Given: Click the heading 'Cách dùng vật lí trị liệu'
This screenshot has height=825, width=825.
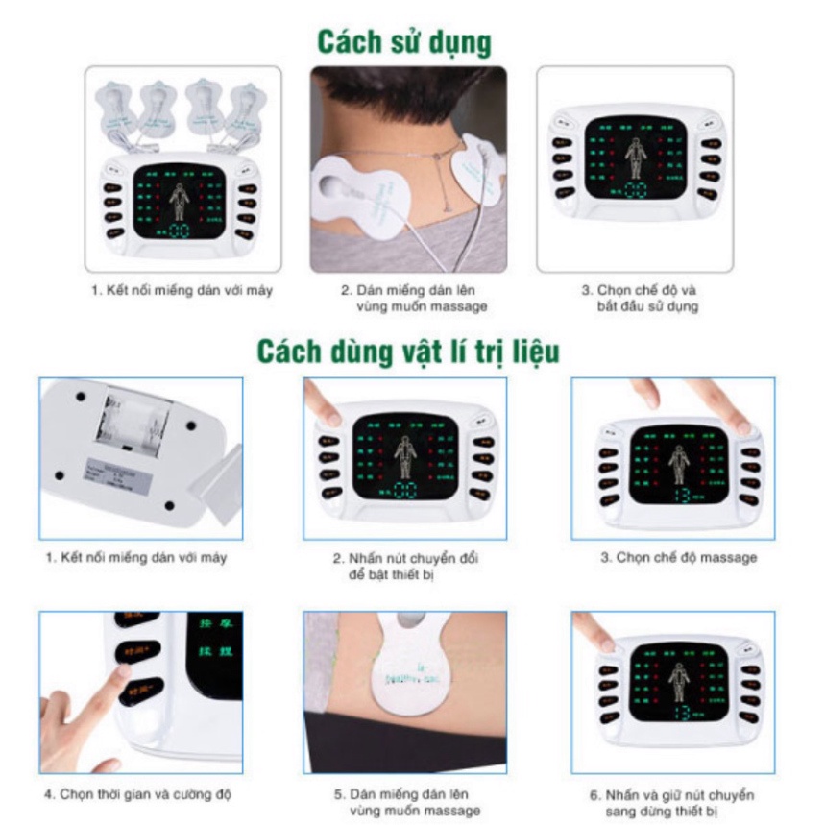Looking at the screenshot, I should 407,351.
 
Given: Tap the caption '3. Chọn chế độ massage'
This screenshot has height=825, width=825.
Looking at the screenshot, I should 678,557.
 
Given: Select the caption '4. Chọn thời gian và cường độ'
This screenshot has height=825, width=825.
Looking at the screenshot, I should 137,794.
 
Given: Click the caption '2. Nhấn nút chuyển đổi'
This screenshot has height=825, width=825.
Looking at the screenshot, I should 405,558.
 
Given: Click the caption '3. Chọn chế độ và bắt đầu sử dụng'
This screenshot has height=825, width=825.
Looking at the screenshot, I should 639,297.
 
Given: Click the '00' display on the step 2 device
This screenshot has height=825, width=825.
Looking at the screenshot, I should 404,491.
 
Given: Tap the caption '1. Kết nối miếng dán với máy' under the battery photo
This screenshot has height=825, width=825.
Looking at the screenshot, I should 136,557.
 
